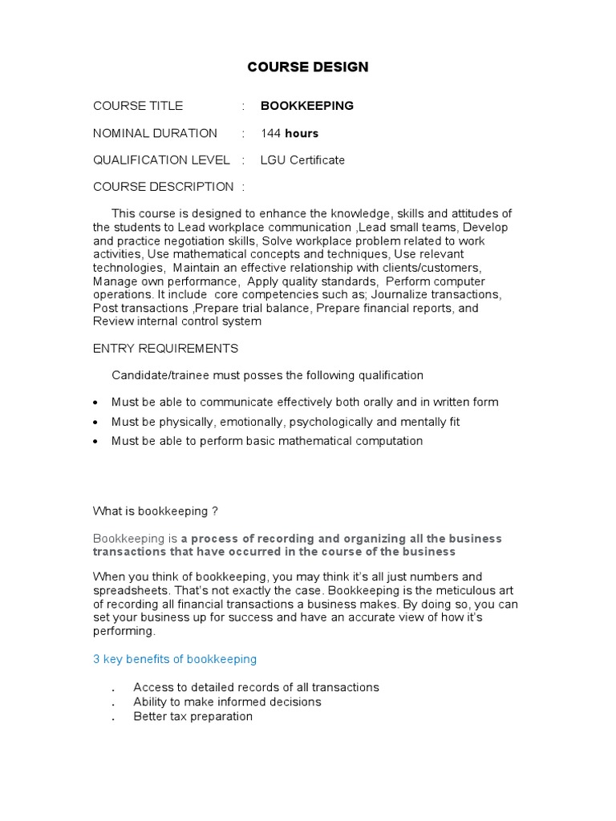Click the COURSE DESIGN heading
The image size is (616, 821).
[x=308, y=67]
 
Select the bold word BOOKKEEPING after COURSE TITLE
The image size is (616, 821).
[x=306, y=106]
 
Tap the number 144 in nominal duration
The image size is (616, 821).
[x=271, y=133]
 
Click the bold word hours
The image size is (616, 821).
[x=302, y=133]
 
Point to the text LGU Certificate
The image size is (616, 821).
[x=302, y=160]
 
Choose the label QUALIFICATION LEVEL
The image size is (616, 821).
[x=161, y=160]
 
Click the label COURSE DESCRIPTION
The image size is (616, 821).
[x=164, y=187]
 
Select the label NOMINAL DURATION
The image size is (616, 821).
[x=155, y=133]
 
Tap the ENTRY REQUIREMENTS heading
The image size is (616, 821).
[x=165, y=349]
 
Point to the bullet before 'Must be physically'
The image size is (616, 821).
[x=96, y=423]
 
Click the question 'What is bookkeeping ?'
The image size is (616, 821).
[x=156, y=511]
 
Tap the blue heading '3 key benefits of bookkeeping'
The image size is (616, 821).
[x=175, y=659]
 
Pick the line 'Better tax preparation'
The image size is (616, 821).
[x=192, y=716]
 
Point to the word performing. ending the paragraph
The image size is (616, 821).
[x=124, y=631]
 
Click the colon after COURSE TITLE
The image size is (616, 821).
[x=243, y=106]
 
